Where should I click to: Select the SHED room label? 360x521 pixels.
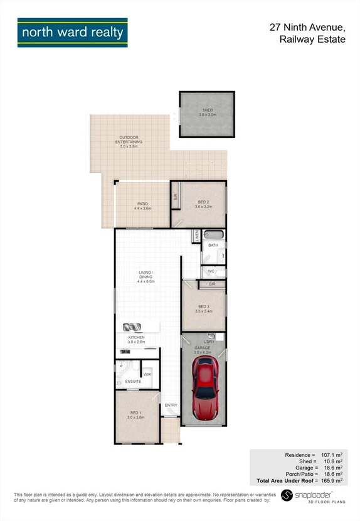pos(207,110)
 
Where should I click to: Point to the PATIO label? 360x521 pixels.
pos(142,204)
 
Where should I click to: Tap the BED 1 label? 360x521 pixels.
pos(135,412)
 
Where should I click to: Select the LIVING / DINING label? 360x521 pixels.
pos(146,273)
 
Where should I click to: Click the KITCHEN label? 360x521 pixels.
pos(137,338)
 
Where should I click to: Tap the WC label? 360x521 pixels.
pos(211,271)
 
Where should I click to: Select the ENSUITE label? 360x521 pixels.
pos(132,381)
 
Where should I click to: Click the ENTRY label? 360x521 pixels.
pos(171,405)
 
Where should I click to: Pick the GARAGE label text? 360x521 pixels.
pos(202,347)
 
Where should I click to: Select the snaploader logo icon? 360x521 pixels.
pos(287,495)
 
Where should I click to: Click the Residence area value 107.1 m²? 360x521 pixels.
pos(331,454)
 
